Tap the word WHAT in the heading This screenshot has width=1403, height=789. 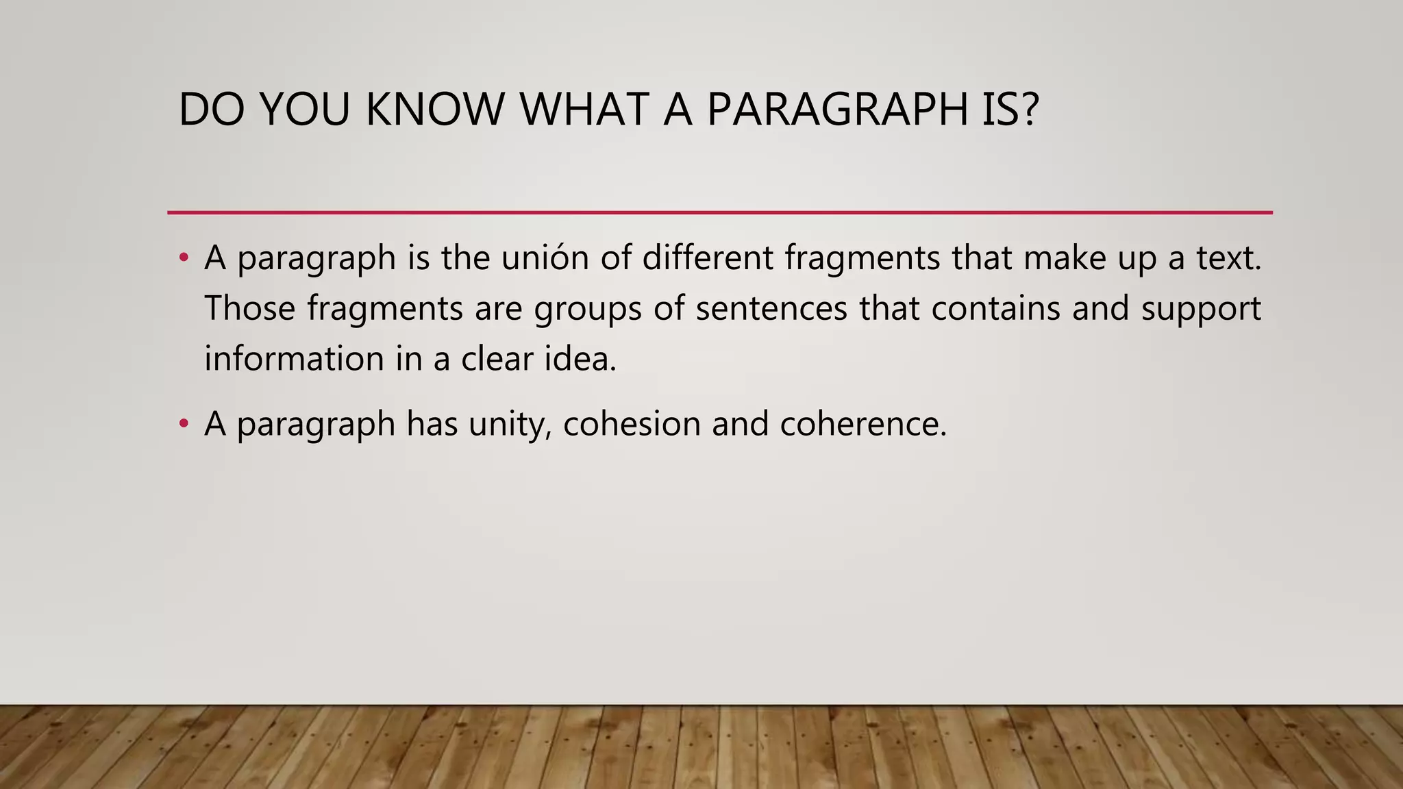click(584, 110)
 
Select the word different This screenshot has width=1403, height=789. click(708, 258)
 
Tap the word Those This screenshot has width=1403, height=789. click(250, 308)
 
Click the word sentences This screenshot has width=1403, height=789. click(771, 308)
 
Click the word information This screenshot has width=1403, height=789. click(294, 358)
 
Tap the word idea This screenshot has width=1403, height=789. click(580, 358)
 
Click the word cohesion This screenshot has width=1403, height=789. click(632, 424)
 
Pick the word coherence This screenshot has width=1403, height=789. click(862, 424)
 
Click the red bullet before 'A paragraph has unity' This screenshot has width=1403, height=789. click(183, 424)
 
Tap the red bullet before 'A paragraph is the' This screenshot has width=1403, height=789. click(183, 258)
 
